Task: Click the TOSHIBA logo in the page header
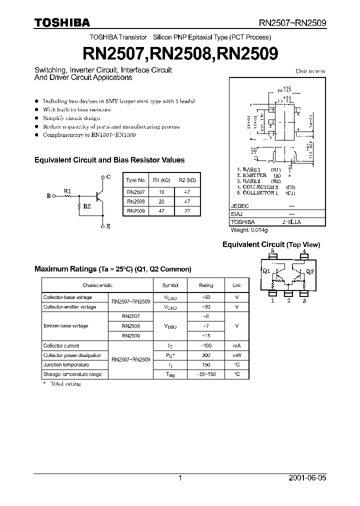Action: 62,22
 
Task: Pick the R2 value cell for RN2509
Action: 187,211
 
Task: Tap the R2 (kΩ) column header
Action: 187,180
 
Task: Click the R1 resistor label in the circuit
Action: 67,190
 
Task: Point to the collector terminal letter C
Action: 109,177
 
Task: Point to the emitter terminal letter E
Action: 108,226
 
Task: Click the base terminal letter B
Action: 48,196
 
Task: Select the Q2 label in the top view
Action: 309,271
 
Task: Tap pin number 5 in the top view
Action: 272,251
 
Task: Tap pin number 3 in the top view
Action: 304,300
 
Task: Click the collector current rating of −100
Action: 206,345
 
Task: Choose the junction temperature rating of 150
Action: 206,365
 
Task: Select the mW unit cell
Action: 236,355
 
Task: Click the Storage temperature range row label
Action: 72,374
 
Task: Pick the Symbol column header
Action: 170,285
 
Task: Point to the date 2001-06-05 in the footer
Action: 307,478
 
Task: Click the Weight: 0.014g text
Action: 249,230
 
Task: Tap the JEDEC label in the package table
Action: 239,206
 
